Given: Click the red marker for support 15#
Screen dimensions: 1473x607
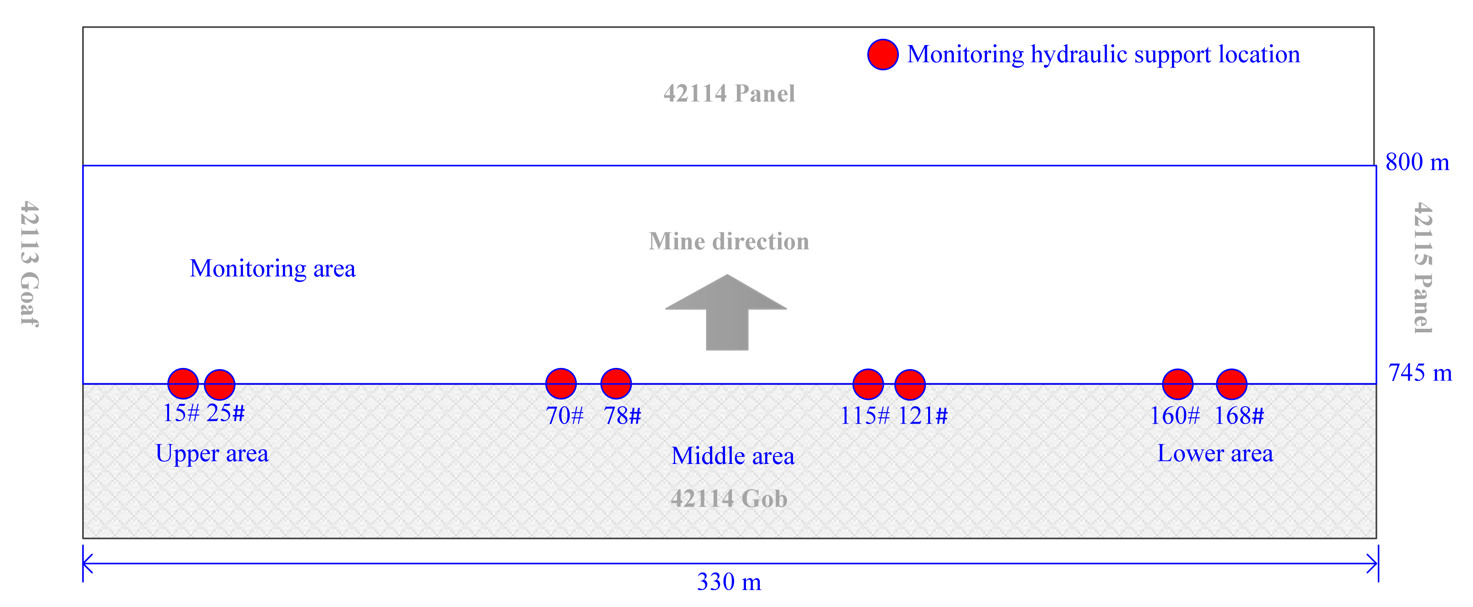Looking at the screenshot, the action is click(183, 383).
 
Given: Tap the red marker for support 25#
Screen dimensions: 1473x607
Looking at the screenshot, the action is click(220, 385).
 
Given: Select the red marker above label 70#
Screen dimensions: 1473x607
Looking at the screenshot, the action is click(561, 383).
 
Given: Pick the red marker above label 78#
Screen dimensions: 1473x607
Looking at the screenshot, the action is click(616, 383).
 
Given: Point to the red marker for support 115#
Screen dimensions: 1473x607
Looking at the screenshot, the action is click(868, 384).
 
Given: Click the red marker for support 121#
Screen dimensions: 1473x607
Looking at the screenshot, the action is click(910, 385).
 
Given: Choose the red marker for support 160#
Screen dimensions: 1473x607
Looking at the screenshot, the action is click(1178, 384).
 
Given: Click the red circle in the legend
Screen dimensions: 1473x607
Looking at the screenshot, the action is click(883, 55).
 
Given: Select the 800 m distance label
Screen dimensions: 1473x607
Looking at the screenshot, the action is click(1417, 162).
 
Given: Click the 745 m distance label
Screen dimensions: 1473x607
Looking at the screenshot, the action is click(1420, 373).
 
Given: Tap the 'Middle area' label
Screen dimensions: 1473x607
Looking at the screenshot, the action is click(733, 456).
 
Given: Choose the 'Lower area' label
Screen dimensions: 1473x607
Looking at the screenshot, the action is click(1215, 454).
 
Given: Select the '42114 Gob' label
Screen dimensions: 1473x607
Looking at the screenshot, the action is click(729, 499).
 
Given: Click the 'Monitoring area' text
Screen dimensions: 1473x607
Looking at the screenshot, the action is click(272, 268).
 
